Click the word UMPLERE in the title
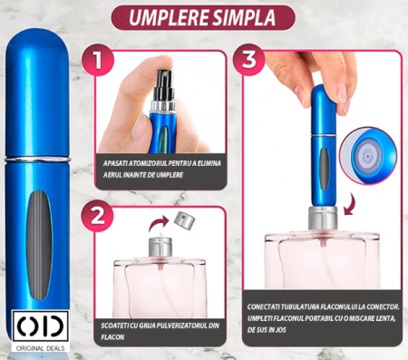169,17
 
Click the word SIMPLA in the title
244,17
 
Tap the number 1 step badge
98,60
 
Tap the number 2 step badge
97,216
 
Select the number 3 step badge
248,60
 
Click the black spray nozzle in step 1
164,86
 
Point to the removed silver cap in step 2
184,220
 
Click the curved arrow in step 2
159,222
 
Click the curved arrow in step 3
350,204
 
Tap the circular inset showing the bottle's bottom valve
368,155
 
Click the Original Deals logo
41,331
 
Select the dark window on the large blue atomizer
38,245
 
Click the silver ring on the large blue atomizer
38,159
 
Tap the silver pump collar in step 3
323,218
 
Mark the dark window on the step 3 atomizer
324,169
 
